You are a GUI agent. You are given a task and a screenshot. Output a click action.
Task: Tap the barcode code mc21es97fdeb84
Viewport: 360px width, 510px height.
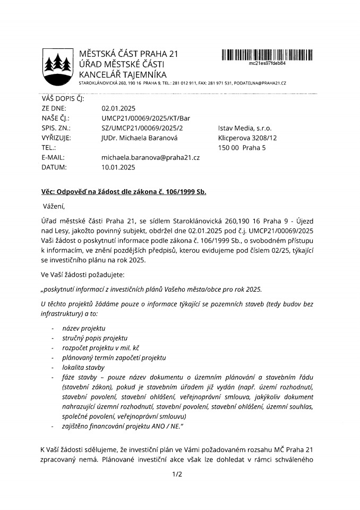pyautogui.click(x=267, y=63)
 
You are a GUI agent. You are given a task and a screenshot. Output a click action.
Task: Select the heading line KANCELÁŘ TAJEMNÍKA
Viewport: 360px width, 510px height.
pyautogui.click(x=123, y=74)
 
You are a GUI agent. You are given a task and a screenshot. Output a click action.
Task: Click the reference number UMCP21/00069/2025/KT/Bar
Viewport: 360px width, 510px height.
pyautogui.click(x=145, y=118)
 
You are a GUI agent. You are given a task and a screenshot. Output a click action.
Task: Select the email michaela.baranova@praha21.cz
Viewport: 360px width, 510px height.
pyautogui.click(x=150, y=157)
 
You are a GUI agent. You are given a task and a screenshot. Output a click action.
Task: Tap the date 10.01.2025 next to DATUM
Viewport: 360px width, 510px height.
pyautogui.click(x=118, y=167)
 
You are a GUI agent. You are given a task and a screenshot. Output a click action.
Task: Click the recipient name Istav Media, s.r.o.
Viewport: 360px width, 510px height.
pyautogui.click(x=245, y=128)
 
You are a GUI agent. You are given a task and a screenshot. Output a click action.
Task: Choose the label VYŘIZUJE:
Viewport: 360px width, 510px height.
pyautogui.click(x=56, y=138)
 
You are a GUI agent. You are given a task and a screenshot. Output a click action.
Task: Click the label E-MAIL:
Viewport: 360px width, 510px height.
pyautogui.click(x=54, y=157)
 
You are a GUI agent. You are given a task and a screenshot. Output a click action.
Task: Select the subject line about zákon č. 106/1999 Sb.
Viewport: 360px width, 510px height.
pyautogui.click(x=124, y=191)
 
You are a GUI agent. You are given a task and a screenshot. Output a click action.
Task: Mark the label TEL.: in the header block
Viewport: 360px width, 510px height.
pyautogui.click(x=48, y=148)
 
